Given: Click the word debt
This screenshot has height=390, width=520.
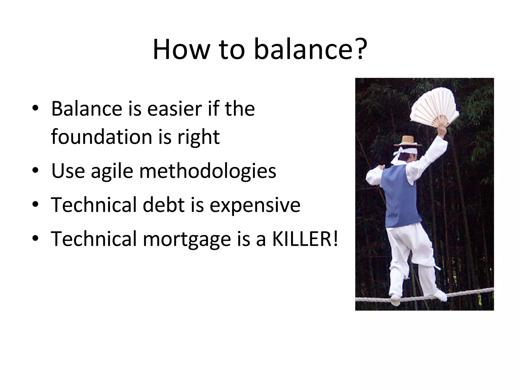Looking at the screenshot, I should pos(164,205).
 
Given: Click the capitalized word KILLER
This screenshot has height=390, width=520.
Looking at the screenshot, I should pos(305,239).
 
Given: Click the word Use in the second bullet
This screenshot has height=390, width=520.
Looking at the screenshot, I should pos(68,171).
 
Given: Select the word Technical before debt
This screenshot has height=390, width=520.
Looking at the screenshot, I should pos(94,205).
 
